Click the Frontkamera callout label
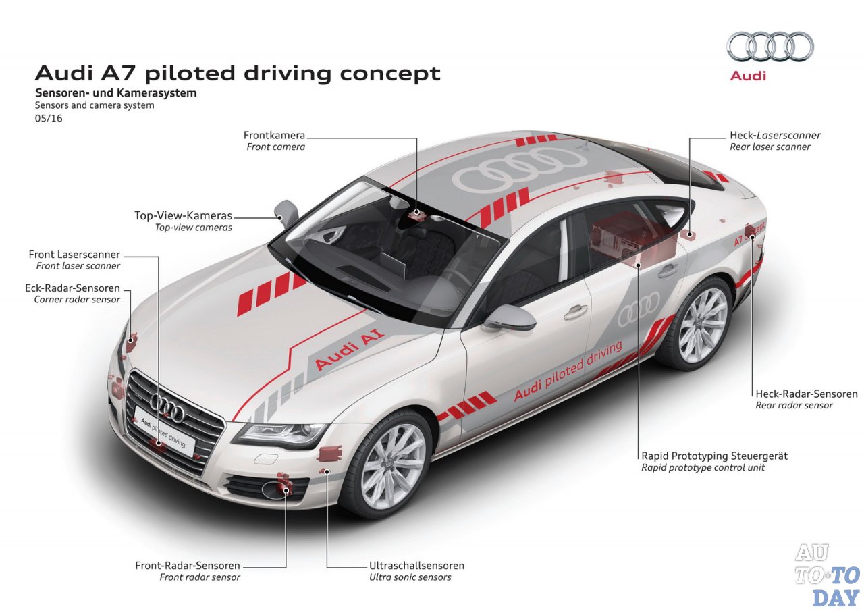[274, 136]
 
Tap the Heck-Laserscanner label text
[775, 136]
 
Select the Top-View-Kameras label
[183, 215]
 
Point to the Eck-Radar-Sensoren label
[72, 288]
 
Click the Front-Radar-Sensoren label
[188, 566]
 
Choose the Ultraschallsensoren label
[416, 566]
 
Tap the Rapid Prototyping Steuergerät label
[714, 456]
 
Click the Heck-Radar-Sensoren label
[807, 394]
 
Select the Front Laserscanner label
[74, 255]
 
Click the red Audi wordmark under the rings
[748, 76]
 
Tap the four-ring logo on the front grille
[167, 408]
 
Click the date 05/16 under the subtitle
[49, 118]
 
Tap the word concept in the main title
[390, 74]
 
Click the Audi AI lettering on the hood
[349, 349]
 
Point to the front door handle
[576, 312]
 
